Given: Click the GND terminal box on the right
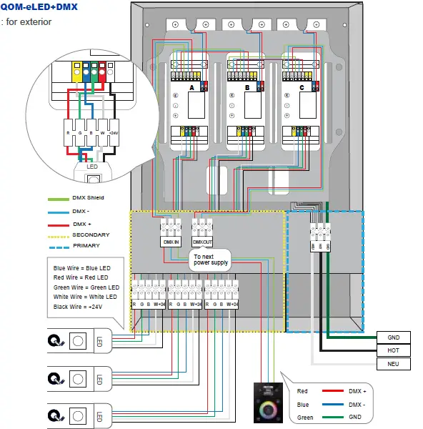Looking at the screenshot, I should click(393, 337).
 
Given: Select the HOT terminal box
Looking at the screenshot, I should click(393, 350).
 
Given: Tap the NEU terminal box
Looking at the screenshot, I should click(393, 364).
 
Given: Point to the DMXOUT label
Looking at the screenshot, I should click(204, 242).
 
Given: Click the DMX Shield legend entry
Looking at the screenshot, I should click(86, 198).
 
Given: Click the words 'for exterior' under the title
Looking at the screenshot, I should click(29, 21).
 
